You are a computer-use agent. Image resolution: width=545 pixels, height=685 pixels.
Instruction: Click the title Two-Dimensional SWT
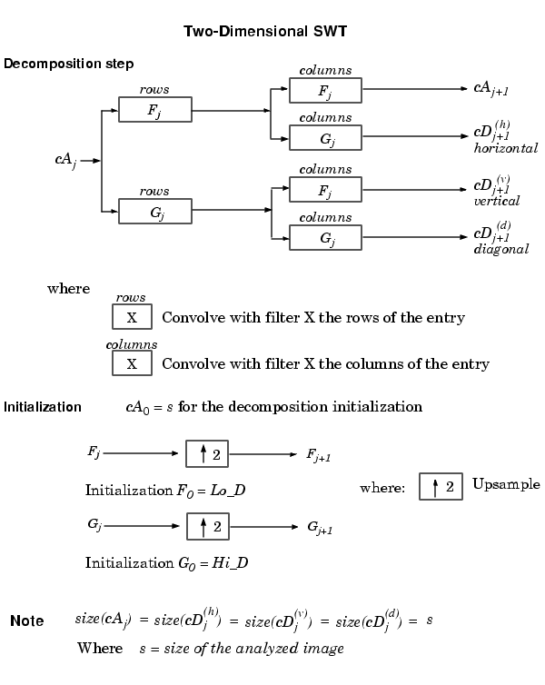pyautogui.click(x=264, y=32)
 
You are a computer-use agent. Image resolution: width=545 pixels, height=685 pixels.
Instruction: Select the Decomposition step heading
pyautogui.click(x=69, y=64)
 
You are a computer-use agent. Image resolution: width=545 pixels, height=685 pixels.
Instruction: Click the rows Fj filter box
pyautogui.click(x=155, y=110)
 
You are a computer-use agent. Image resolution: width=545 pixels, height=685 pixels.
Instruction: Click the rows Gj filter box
pyautogui.click(x=155, y=212)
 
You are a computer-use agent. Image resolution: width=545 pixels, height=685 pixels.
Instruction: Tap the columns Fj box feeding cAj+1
pyautogui.click(x=325, y=90)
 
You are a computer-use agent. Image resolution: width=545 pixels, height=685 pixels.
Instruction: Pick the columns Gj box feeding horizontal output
pyautogui.click(x=325, y=138)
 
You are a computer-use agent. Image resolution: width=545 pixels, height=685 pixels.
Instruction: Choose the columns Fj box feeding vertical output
pyautogui.click(x=325, y=190)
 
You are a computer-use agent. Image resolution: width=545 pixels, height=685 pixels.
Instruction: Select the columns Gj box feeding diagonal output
pyautogui.click(x=325, y=238)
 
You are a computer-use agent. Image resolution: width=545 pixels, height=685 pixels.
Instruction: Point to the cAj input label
pyautogui.click(x=65, y=161)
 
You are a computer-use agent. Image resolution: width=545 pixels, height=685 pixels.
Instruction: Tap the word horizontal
pyautogui.click(x=505, y=148)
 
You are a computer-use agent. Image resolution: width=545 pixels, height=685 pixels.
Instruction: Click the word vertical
pyautogui.click(x=497, y=201)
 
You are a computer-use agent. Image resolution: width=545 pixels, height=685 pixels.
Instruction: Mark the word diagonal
pyautogui.click(x=500, y=249)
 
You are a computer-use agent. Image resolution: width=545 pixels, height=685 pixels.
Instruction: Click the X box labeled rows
pyautogui.click(x=132, y=317)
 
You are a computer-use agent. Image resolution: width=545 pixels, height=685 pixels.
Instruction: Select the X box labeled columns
pyautogui.click(x=132, y=363)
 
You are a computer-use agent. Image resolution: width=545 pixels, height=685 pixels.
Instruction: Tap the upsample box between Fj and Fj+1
pyautogui.click(x=207, y=452)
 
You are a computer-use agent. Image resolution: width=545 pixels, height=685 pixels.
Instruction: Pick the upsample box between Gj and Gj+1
pyautogui.click(x=207, y=526)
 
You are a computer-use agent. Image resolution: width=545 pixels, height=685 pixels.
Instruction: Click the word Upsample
pyautogui.click(x=506, y=484)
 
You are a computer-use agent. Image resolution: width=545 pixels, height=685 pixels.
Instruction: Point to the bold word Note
pyautogui.click(x=26, y=621)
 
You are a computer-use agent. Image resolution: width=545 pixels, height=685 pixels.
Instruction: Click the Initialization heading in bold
pyautogui.click(x=43, y=407)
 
